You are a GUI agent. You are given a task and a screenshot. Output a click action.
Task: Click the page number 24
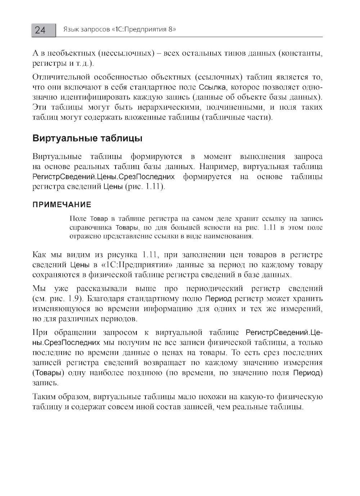(40, 30)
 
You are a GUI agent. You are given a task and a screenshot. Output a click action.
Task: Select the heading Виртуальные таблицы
(87, 138)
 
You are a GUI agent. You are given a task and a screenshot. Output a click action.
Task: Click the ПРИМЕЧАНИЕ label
(62, 205)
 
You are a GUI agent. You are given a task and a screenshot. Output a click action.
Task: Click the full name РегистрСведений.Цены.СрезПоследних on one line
(104, 177)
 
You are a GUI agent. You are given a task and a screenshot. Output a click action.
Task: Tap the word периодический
(210, 288)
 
